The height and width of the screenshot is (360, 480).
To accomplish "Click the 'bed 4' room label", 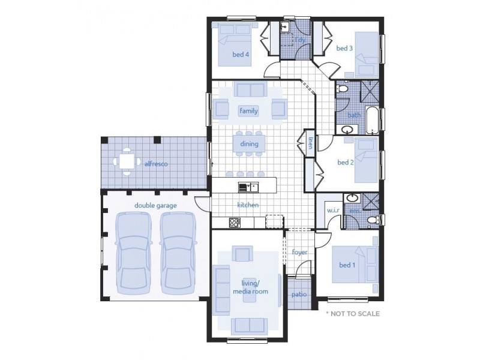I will [x=241, y=55].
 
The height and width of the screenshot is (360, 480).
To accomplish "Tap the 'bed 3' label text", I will [x=344, y=48].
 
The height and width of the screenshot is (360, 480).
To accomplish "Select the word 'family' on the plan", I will [x=248, y=111].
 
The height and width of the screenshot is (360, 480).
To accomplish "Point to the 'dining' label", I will [x=249, y=144].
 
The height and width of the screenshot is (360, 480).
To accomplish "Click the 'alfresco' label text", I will [x=155, y=163].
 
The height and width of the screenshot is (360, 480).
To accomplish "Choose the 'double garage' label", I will [x=155, y=205].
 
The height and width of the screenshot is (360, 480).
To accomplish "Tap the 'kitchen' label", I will [x=248, y=205].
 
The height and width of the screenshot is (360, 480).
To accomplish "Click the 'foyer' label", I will [x=299, y=252].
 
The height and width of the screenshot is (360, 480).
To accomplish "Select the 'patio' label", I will [x=299, y=295].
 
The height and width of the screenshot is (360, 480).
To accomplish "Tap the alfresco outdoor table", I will [x=126, y=161].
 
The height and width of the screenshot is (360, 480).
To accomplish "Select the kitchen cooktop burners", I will [x=235, y=223].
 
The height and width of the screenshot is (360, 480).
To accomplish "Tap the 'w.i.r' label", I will [x=334, y=211].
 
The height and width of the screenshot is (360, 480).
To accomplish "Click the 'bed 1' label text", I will [x=347, y=265].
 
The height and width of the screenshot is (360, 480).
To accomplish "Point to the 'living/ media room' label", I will [x=250, y=287].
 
